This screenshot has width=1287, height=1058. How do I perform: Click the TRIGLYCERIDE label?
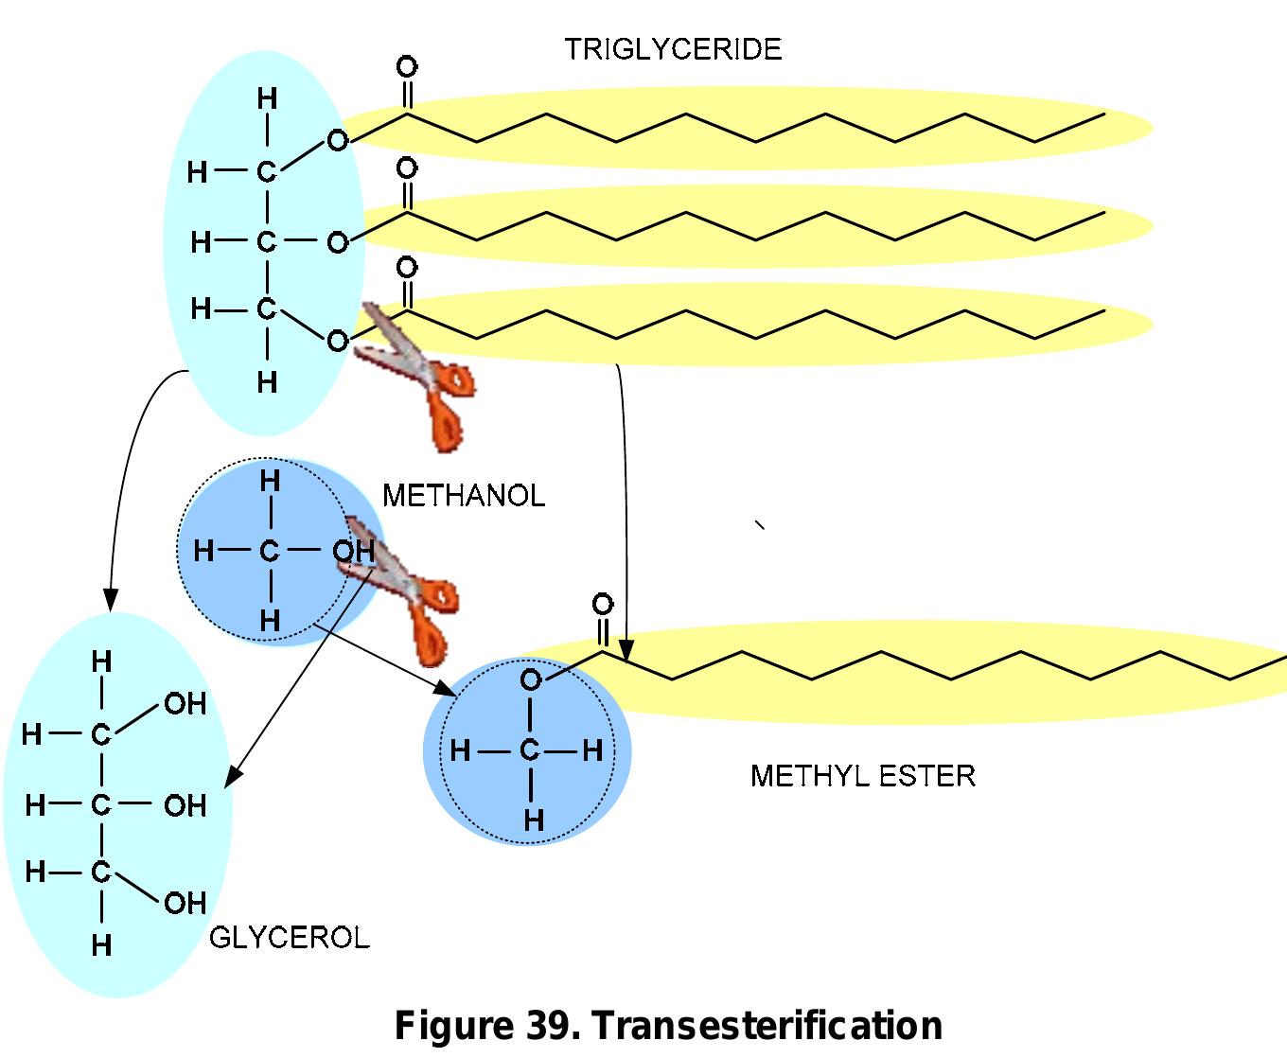[x=673, y=49]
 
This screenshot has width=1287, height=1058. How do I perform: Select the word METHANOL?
[x=464, y=496]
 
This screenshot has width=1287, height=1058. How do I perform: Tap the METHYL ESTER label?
[x=862, y=776]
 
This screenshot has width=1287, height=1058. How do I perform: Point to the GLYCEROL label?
[x=289, y=938]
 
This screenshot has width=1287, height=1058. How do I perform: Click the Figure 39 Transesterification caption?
[x=668, y=1026]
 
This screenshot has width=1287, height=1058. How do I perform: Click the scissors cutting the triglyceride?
[x=416, y=374]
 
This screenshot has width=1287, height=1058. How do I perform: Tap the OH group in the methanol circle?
[x=353, y=551]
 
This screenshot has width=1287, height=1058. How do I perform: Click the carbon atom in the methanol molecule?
[x=270, y=551]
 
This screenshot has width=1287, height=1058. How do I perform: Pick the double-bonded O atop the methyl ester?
[x=603, y=604]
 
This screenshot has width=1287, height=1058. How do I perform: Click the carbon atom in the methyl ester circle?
[x=530, y=751]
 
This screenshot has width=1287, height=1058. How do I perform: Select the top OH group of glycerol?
[x=185, y=703]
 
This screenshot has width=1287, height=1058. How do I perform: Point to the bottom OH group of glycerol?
[x=185, y=903]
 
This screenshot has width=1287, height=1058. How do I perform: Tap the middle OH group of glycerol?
[x=185, y=805]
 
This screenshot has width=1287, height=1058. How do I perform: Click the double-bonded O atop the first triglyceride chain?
[x=407, y=67]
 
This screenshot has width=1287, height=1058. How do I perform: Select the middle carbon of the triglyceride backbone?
[x=267, y=242]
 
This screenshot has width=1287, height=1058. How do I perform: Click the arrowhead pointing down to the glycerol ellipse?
[x=111, y=600]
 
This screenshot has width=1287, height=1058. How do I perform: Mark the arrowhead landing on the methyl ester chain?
[x=626, y=651]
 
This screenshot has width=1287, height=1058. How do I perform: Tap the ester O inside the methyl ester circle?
[x=531, y=679]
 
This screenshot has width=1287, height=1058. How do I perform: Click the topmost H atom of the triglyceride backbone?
[x=268, y=98]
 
